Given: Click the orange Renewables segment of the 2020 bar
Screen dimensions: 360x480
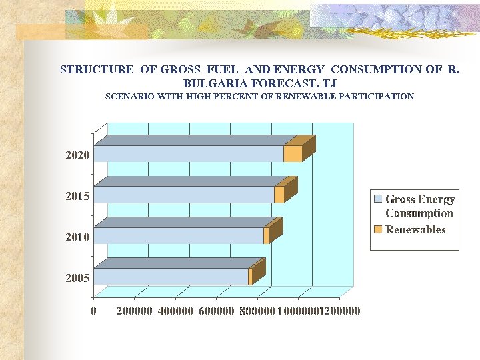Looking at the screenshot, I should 293,154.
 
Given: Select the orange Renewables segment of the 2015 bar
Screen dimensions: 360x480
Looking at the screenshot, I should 279,195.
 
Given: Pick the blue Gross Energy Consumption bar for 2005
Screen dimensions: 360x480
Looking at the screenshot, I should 171,277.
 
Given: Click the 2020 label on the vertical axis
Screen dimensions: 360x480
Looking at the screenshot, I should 77,155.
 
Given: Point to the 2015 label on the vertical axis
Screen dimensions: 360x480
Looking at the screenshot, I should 77,196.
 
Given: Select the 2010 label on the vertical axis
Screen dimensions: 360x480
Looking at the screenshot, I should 77,237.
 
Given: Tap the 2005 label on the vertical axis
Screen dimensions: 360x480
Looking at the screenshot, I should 77,277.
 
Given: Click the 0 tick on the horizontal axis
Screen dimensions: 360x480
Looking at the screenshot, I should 94,311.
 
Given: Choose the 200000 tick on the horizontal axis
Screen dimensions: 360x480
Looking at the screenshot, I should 135,311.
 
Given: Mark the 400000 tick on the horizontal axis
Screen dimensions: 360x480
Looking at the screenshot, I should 175,311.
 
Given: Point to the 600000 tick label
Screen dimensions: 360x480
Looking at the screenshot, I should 217,311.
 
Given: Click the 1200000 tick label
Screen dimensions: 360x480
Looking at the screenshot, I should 339,311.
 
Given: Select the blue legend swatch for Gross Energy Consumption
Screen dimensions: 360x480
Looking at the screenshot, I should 378,199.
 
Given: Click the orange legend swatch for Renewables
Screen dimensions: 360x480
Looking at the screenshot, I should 378,230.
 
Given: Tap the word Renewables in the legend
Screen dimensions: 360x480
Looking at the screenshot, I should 415,230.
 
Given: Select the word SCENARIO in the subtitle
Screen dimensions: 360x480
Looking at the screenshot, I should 129,97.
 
